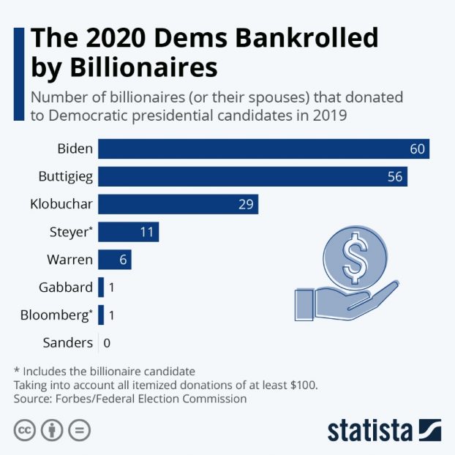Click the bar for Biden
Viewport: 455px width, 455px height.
coord(263,148)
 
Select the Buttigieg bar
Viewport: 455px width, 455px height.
coord(252,176)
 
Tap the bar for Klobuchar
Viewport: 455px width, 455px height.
coord(178,204)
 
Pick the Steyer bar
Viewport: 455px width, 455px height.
coord(128,232)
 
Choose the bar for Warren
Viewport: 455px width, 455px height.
coord(114,260)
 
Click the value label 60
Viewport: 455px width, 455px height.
coord(417,148)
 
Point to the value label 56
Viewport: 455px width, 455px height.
coord(395,176)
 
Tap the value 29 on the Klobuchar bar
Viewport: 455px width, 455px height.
coord(246,204)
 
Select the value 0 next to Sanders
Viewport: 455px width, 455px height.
coord(108,342)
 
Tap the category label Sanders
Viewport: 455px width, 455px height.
coord(67,342)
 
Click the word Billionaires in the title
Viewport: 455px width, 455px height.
coord(124,68)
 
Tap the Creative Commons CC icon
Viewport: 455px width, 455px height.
coord(26,430)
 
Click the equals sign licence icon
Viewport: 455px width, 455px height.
coord(79,430)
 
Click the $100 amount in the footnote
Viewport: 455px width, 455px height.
coord(302,385)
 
